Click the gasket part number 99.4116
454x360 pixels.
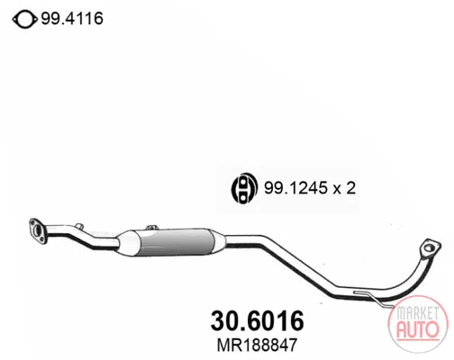coord(72,19)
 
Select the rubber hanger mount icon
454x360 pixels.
coord(244,188)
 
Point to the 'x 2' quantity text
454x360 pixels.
coord(344,188)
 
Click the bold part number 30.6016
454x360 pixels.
coord(258,320)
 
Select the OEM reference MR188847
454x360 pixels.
coord(257,345)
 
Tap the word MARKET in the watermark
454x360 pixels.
coord(417,313)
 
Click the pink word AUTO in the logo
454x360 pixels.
coord(417,329)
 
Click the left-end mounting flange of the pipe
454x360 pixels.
coord(38,231)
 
